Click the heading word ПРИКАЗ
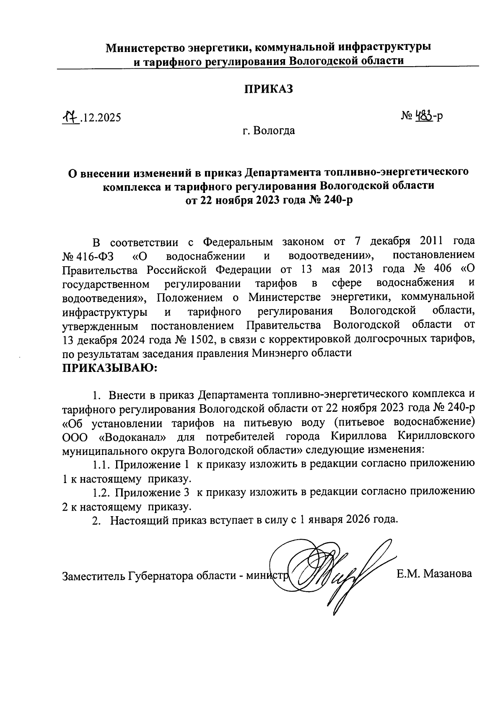(268, 88)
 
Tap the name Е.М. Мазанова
(434, 573)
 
